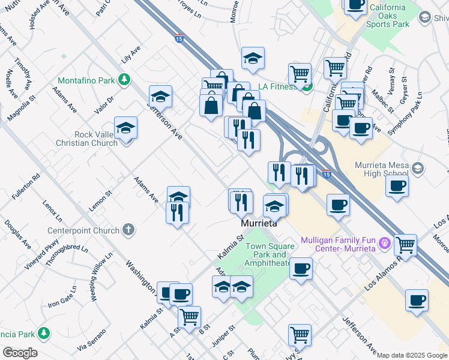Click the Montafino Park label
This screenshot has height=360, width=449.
click(x=86, y=80)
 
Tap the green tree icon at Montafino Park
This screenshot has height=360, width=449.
click(x=124, y=80)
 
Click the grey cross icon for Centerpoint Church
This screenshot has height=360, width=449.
click(x=128, y=229)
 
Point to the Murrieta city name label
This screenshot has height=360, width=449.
click(x=259, y=223)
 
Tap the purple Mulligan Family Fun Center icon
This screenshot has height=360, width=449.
click(x=385, y=244)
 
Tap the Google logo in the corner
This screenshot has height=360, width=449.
click(x=19, y=353)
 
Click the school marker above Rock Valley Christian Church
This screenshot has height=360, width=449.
click(x=125, y=127)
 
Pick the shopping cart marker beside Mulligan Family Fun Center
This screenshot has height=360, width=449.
click(x=406, y=245)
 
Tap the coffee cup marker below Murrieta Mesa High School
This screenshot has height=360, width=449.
click(x=397, y=187)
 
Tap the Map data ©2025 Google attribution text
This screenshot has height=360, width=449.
click(x=412, y=355)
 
